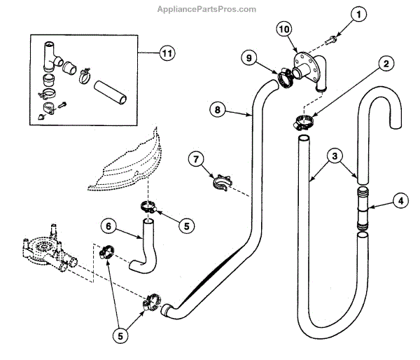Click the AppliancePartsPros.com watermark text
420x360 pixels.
[x=210, y=9]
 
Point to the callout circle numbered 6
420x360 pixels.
[x=108, y=226]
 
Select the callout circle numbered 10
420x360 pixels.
[x=283, y=29]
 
